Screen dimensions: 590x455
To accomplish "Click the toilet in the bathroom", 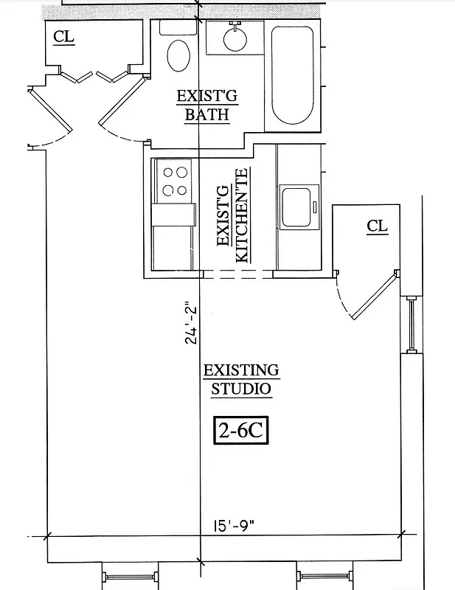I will (x=178, y=55).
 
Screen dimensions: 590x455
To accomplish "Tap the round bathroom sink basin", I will (x=235, y=39).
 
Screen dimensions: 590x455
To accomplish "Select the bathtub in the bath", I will (x=294, y=76).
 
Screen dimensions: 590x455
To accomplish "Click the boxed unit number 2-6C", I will (x=240, y=431).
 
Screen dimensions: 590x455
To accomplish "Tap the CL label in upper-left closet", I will (x=64, y=37).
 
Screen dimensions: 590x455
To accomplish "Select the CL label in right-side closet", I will (x=377, y=226).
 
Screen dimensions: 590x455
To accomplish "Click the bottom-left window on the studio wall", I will (x=129, y=575).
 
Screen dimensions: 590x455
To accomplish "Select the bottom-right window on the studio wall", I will (x=326, y=575).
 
